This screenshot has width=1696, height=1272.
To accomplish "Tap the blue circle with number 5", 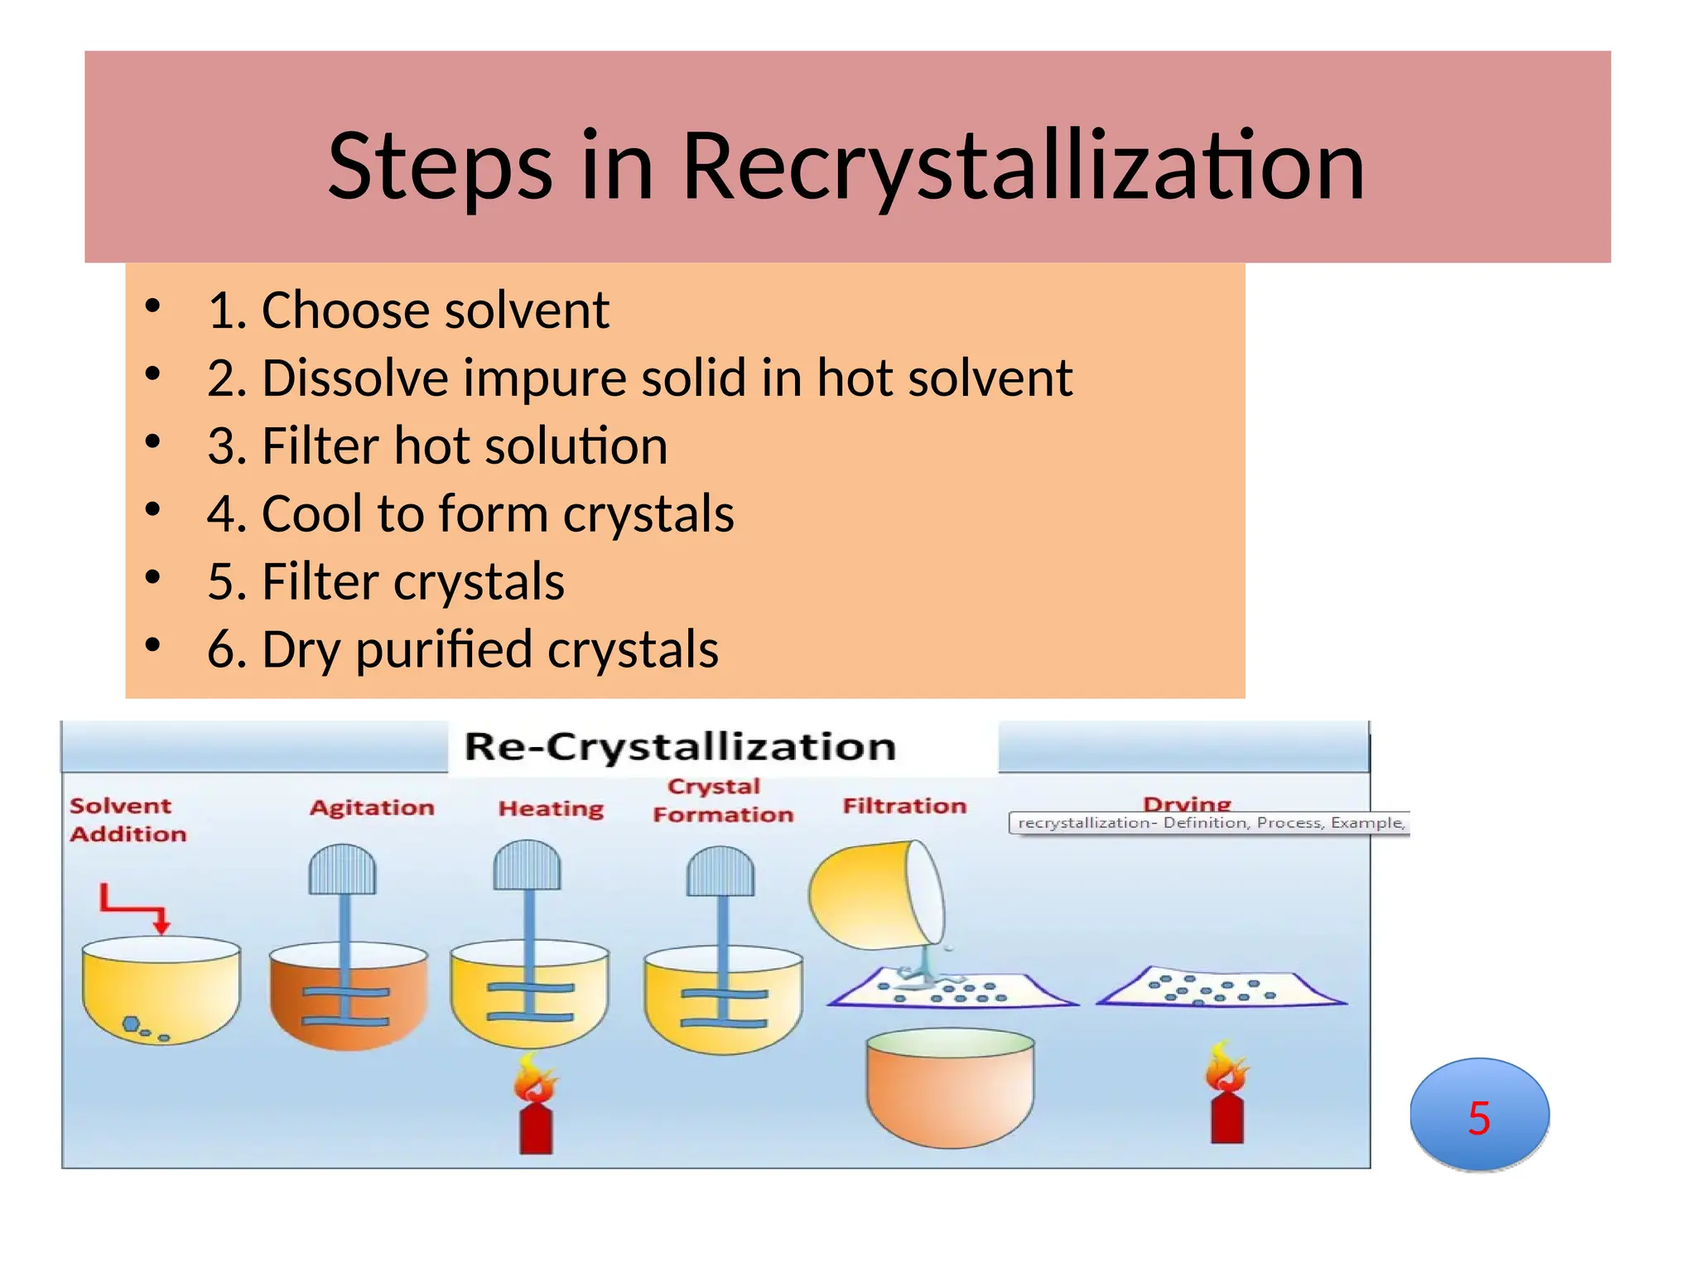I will click(1479, 1115).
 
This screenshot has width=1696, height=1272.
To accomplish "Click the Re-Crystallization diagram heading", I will click(680, 747).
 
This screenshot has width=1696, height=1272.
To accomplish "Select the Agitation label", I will click(372, 807).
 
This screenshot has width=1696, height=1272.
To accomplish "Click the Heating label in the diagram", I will click(551, 808).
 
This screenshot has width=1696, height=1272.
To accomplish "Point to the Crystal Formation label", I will click(722, 800).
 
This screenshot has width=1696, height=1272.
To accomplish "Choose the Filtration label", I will click(904, 806).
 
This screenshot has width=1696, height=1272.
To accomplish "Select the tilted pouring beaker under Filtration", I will click(876, 894).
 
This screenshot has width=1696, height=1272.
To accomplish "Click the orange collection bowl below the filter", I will click(950, 1088).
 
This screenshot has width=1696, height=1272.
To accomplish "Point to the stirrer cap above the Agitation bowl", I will click(342, 870).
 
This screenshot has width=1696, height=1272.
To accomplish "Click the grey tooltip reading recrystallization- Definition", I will click(1209, 823).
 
